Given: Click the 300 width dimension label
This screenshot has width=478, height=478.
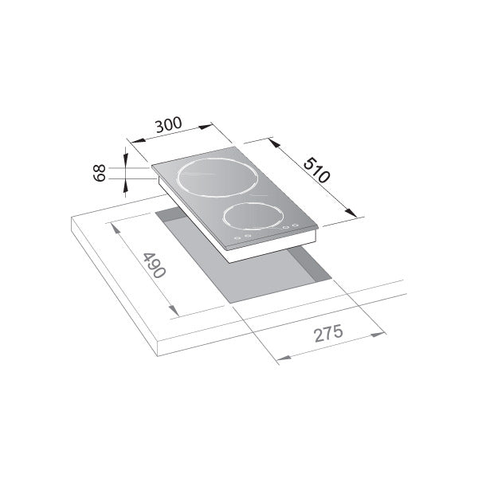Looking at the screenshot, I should point(169,125).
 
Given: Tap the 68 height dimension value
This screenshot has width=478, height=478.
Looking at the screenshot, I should point(100,173).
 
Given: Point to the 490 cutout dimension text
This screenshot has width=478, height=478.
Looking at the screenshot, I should point(153,265).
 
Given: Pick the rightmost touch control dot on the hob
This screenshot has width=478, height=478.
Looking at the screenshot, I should point(296,225).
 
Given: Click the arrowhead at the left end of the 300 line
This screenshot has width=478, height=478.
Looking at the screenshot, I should point(131,139).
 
